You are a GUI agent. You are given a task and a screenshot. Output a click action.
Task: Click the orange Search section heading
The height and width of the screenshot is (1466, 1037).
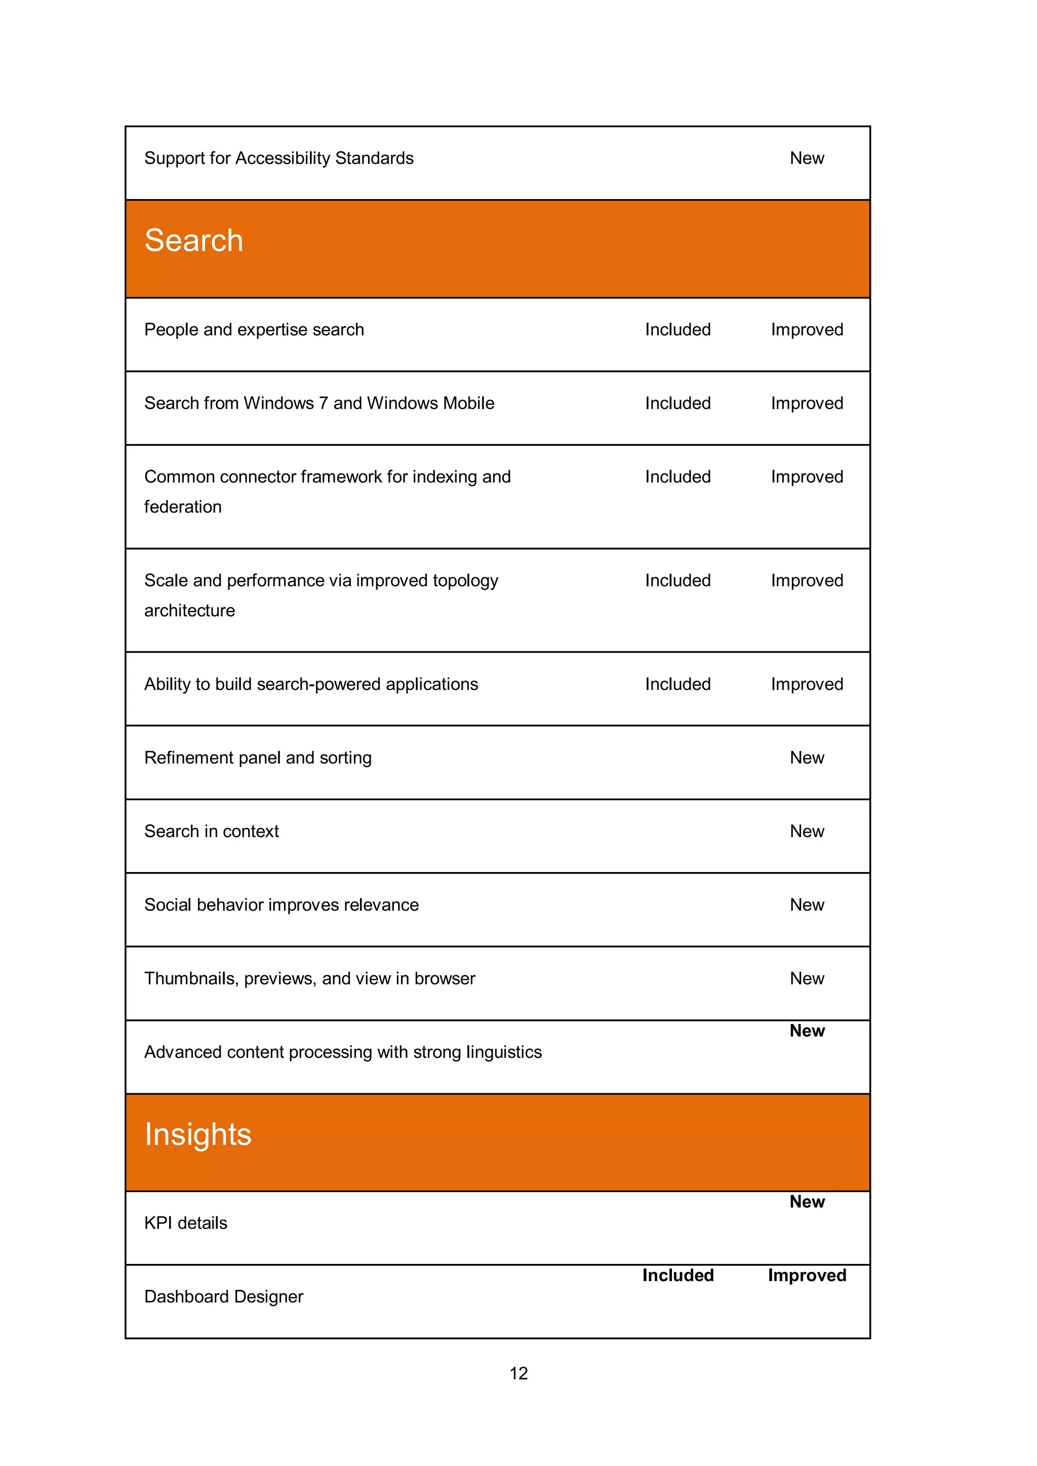tap(193, 241)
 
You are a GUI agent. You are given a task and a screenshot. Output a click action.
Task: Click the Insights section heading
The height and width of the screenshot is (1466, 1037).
tap(198, 1135)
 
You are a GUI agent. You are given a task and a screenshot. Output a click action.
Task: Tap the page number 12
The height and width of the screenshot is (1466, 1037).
tap(518, 1373)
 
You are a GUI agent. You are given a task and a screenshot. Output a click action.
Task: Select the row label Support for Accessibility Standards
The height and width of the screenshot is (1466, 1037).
tap(278, 159)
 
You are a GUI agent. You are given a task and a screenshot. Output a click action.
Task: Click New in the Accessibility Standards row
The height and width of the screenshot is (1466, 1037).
tap(807, 159)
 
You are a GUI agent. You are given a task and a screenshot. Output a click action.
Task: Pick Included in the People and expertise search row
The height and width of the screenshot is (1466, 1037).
tap(677, 330)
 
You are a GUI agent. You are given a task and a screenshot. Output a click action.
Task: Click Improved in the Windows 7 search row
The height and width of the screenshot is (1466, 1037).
tap(807, 404)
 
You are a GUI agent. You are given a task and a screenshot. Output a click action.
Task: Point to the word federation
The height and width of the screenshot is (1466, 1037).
tap(183, 507)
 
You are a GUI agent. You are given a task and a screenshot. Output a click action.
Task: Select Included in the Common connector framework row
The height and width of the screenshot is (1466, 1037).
tap(677, 477)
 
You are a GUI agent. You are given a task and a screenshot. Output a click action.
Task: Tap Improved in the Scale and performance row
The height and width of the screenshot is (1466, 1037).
tap(807, 580)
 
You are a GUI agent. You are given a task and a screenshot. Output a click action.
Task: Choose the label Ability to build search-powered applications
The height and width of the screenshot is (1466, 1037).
tap(311, 685)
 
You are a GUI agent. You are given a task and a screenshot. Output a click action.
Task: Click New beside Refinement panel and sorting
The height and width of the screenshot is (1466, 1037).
tap(807, 758)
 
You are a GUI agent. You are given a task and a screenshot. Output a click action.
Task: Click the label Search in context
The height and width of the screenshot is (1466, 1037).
tap(211, 831)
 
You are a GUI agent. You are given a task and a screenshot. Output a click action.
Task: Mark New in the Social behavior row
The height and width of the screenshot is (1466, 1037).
tap(807, 905)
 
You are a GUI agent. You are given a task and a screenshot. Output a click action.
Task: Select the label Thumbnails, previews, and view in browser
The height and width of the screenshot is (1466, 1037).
tap(310, 979)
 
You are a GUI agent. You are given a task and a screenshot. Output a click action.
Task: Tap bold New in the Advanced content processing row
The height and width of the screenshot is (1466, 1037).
tap(807, 1031)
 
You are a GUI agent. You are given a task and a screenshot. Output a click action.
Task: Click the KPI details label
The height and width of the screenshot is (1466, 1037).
tap(186, 1223)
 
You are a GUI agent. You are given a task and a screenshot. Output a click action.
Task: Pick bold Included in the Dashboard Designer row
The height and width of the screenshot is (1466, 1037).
tap(677, 1275)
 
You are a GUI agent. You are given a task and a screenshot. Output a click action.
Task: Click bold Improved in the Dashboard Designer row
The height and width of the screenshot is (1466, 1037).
tap(807, 1275)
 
